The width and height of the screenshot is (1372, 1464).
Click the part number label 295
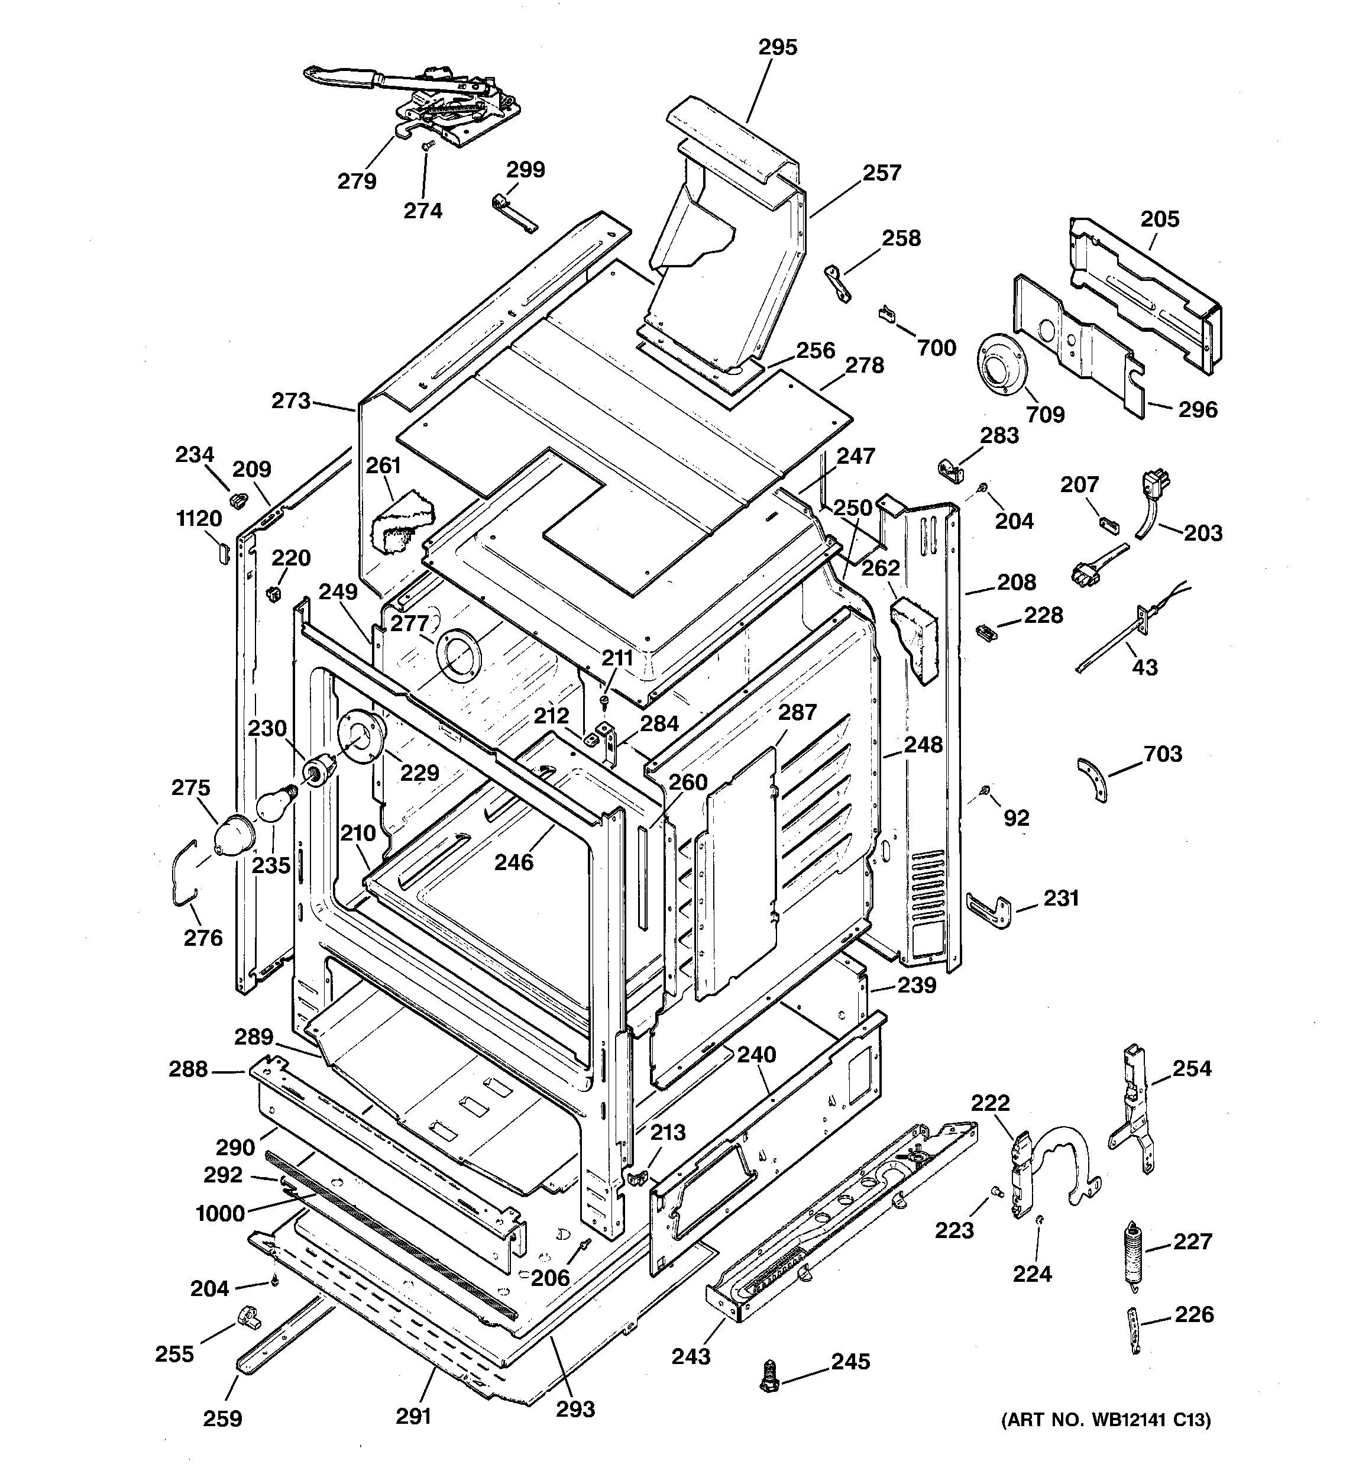(778, 48)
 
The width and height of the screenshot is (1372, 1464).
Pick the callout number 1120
(199, 518)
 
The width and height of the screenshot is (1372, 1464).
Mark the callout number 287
(798, 712)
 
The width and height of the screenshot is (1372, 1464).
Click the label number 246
(513, 862)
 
